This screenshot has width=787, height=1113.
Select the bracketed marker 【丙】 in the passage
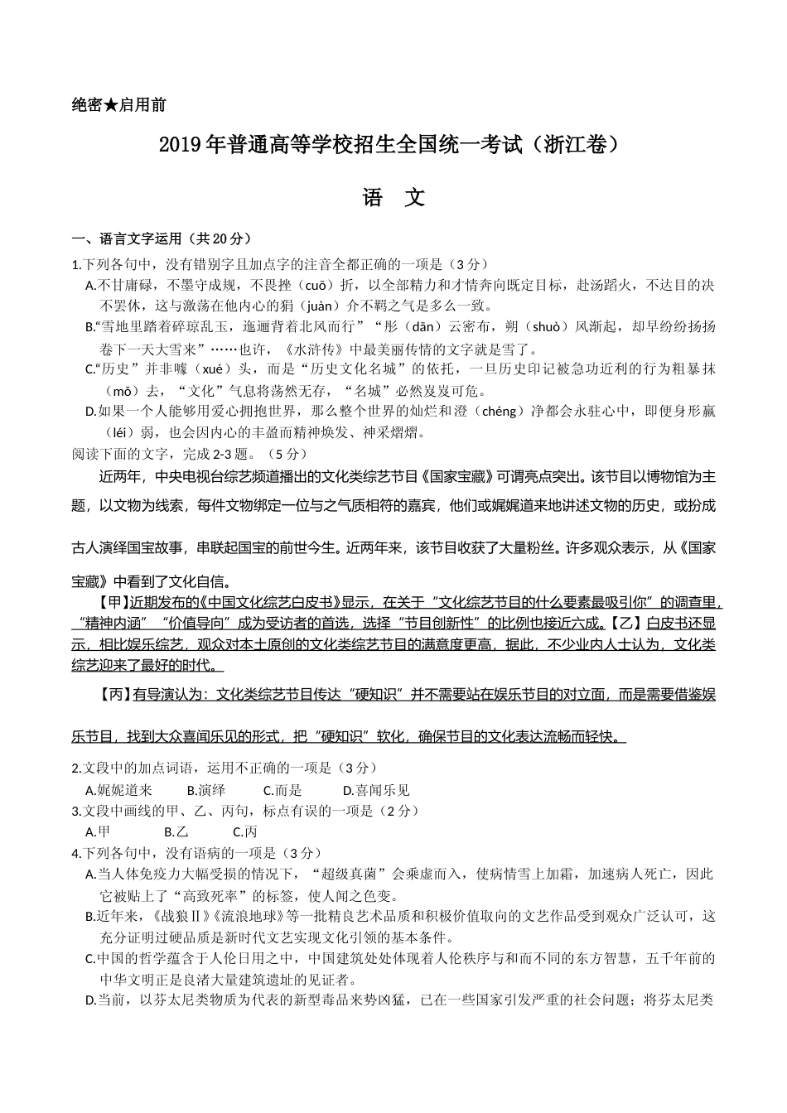point(113,695)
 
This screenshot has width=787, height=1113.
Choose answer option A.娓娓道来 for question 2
point(119,791)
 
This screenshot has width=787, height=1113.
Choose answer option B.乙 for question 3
point(176,832)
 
